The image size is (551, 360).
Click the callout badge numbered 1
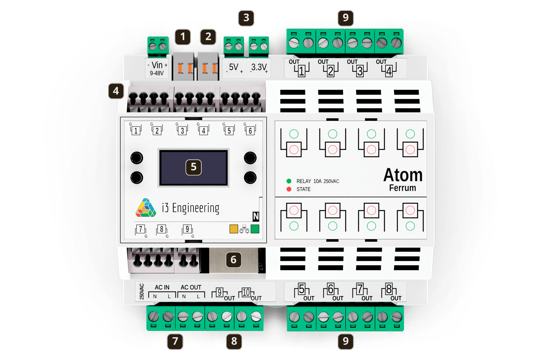point(183,37)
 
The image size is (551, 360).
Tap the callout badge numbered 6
point(234,260)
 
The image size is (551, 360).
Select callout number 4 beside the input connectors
point(116,91)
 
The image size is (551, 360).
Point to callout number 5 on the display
point(194,167)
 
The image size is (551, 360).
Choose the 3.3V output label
point(259,68)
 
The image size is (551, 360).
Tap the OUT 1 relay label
point(299,68)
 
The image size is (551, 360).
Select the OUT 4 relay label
point(386,68)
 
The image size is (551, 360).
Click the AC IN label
point(162,287)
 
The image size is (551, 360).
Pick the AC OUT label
point(191,287)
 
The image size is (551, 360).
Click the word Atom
point(403,175)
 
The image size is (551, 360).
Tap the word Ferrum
point(402,188)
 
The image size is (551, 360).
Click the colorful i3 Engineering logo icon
point(146,208)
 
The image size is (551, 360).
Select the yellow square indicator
point(234,229)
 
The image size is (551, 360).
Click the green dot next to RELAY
point(289,181)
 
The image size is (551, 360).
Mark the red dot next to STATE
point(289,189)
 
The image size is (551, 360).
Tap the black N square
point(256,216)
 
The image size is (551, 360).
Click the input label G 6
point(250,129)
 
